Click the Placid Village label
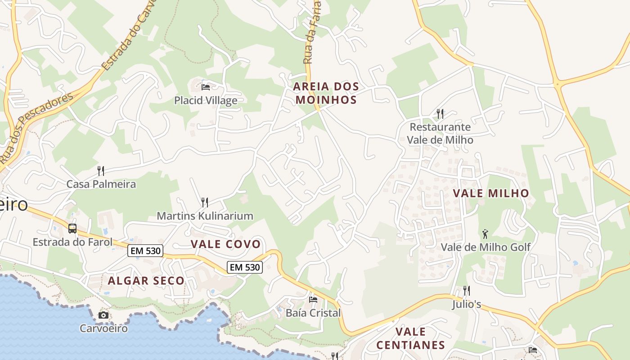[206, 100]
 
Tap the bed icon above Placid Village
[206, 87]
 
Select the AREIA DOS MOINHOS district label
[326, 93]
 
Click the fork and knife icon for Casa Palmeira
[101, 171]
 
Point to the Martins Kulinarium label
[205, 216]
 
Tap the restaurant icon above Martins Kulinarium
[204, 202]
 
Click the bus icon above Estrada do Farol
[72, 228]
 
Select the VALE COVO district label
[225, 244]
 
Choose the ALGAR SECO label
[146, 281]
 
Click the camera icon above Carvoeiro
[103, 315]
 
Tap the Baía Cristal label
[313, 313]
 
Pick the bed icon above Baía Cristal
[313, 299]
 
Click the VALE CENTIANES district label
[410, 338]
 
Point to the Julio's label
[467, 305]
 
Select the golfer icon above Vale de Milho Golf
[485, 234]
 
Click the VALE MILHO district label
[491, 193]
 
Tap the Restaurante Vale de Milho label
[440, 134]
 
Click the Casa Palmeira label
[101, 184]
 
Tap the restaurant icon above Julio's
[467, 291]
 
